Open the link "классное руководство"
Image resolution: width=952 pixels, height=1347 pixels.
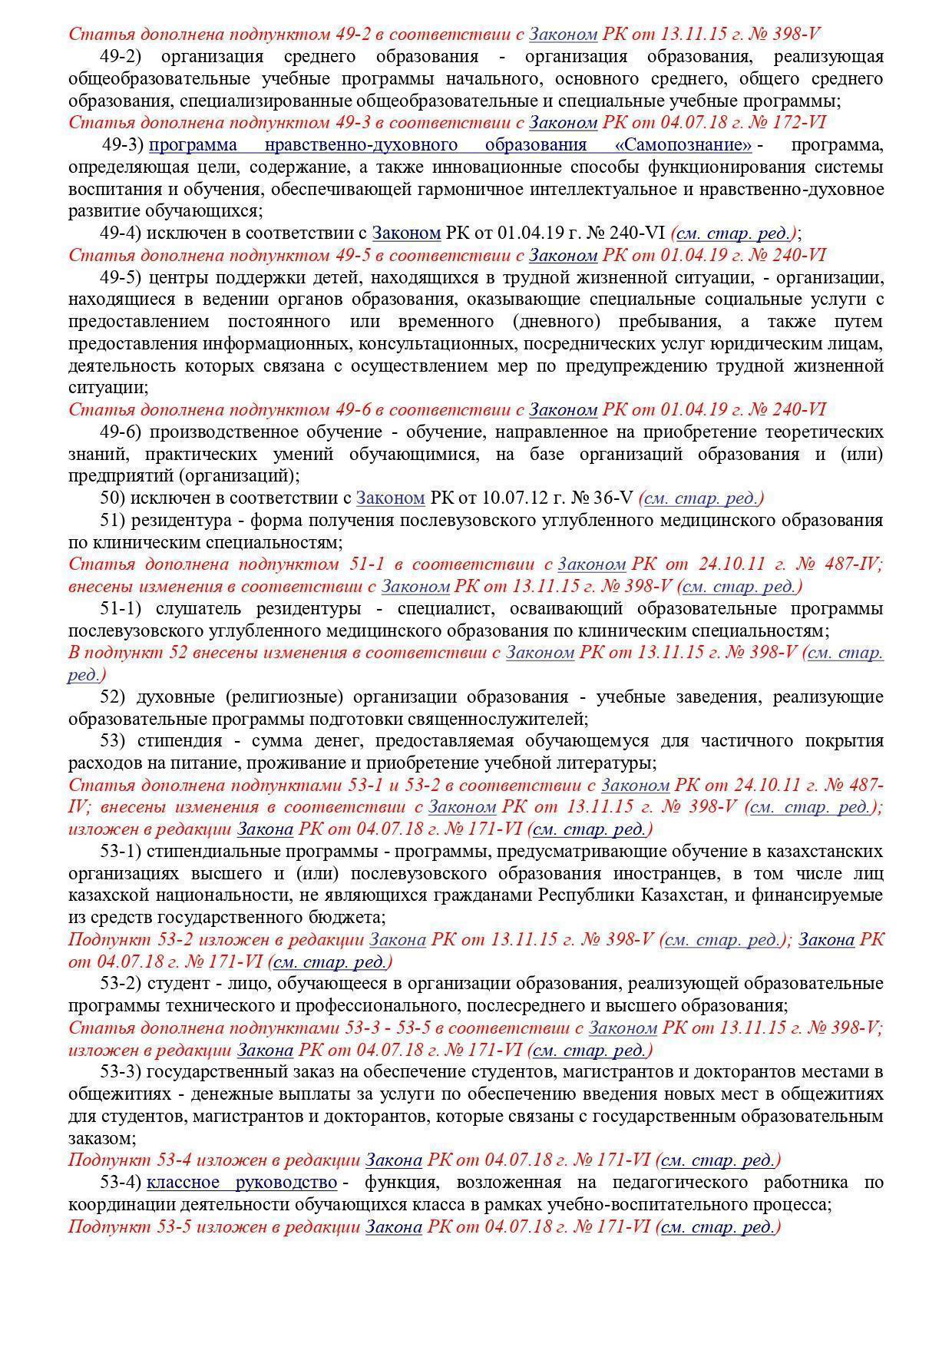(242, 1182)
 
